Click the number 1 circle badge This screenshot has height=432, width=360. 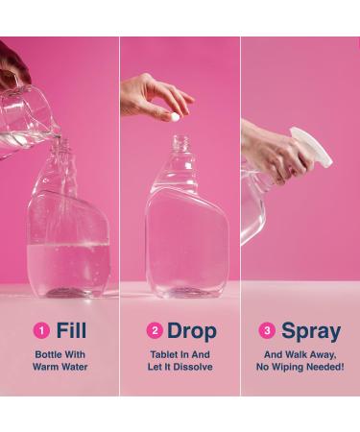pyautogui.click(x=40, y=331)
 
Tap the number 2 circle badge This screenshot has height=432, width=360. pyautogui.click(x=154, y=331)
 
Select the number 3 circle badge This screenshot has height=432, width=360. pyautogui.click(x=267, y=331)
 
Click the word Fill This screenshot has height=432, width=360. pyautogui.click(x=71, y=331)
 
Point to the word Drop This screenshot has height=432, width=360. pyautogui.click(x=191, y=331)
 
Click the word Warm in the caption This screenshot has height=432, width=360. pyautogui.click(x=46, y=367)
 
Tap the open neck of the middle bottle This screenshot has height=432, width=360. pyautogui.click(x=179, y=143)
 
